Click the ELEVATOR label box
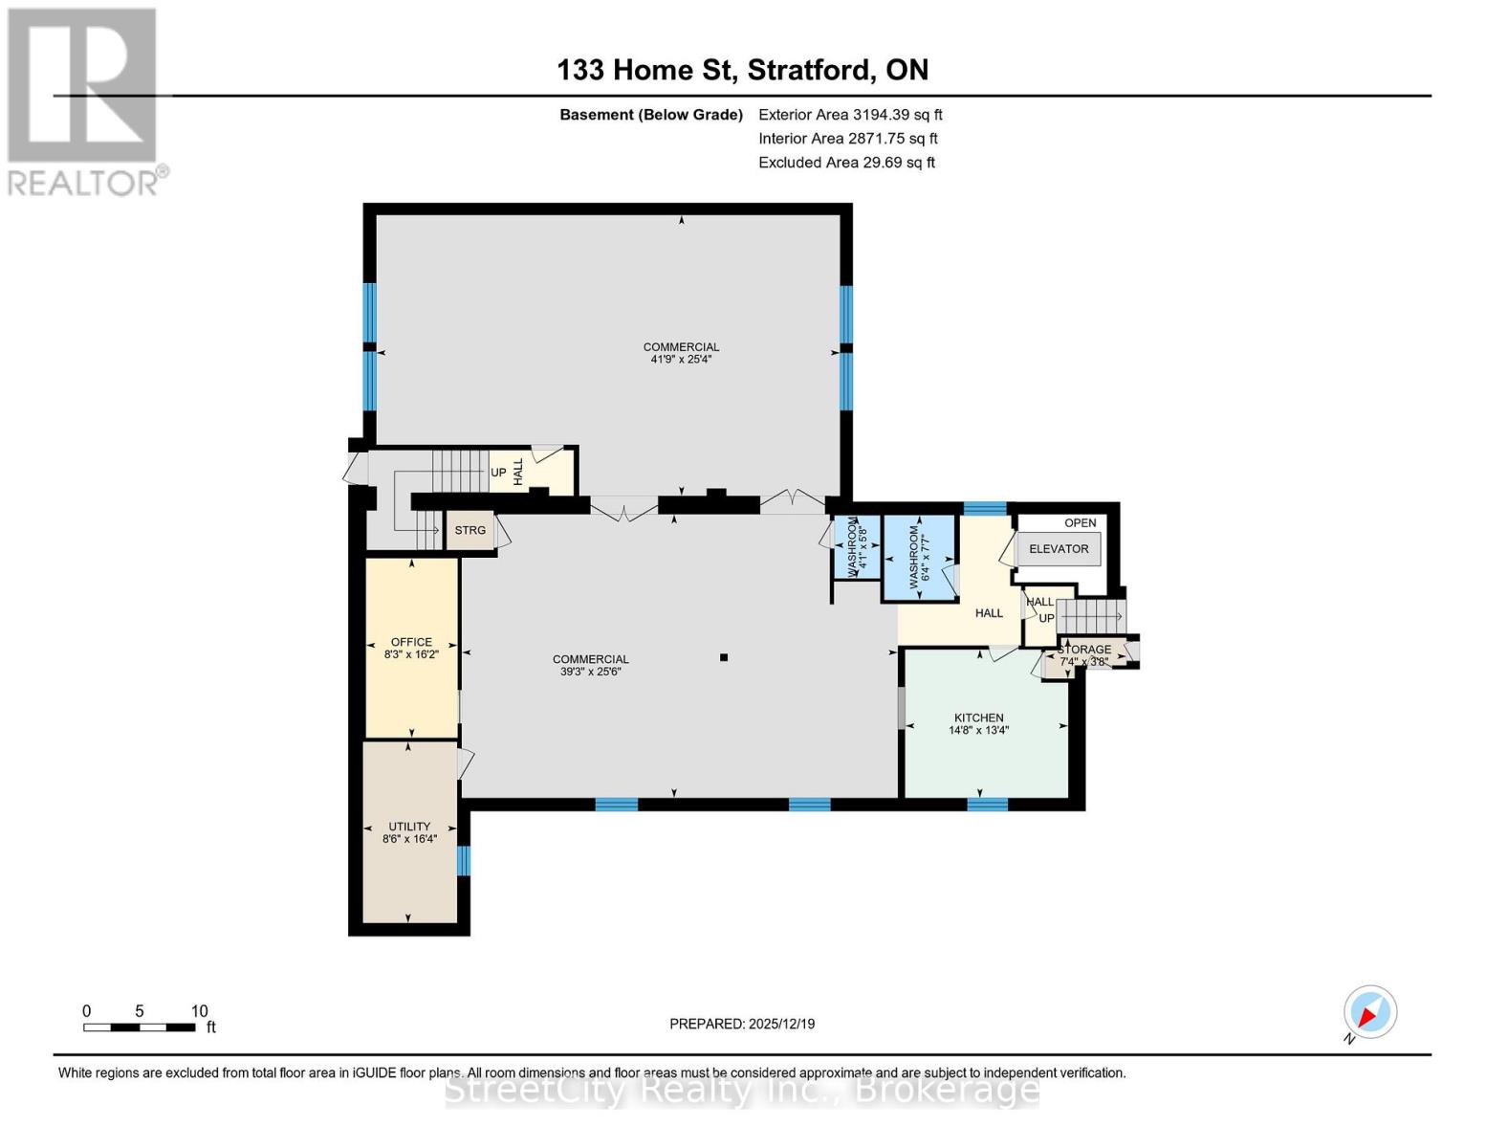tap(1058, 549)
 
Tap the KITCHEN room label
tap(978, 717)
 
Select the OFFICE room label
tap(411, 642)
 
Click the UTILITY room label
tap(408, 827)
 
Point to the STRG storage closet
tap(470, 531)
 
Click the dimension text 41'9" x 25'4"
tap(681, 360)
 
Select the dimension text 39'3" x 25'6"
tap(590, 672)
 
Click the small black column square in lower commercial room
tap(724, 657)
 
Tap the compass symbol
tap(1369, 1012)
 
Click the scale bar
tap(140, 1027)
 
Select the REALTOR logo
tap(84, 100)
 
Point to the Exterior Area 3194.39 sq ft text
tap(850, 115)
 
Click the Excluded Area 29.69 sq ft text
tap(846, 163)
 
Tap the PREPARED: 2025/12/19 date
tap(742, 1024)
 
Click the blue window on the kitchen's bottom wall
tap(987, 805)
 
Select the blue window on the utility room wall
tap(464, 861)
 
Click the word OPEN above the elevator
tap(1080, 523)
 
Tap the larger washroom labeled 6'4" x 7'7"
tap(919, 557)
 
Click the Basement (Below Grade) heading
tap(650, 115)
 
